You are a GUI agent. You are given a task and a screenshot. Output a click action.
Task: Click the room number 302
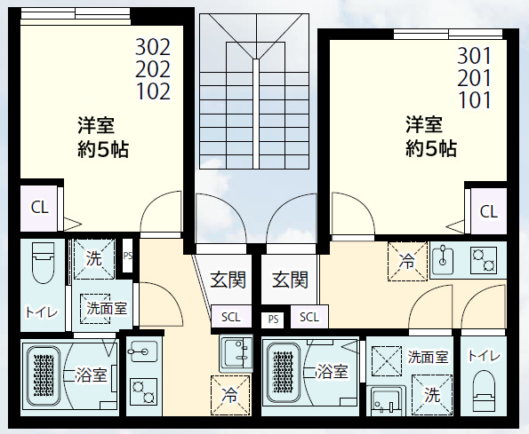point(153,47)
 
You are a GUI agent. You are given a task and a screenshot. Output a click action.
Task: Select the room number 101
point(475,99)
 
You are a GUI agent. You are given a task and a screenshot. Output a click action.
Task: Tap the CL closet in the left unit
point(40,208)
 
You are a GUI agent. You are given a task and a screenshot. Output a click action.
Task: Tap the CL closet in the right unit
point(488,211)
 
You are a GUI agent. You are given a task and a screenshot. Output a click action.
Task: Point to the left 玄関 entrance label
point(228,280)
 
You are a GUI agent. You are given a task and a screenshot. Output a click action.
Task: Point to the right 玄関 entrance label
point(290,280)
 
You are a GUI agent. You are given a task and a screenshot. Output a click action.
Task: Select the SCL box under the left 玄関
point(230,317)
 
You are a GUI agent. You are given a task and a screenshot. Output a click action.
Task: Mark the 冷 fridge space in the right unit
point(407,261)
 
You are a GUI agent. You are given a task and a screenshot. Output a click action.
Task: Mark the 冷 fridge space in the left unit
point(230,393)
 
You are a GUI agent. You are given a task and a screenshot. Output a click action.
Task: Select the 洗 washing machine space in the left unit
point(93,258)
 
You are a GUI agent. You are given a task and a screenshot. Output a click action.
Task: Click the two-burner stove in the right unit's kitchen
point(483,260)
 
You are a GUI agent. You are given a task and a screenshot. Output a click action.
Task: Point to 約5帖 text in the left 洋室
point(102,149)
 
